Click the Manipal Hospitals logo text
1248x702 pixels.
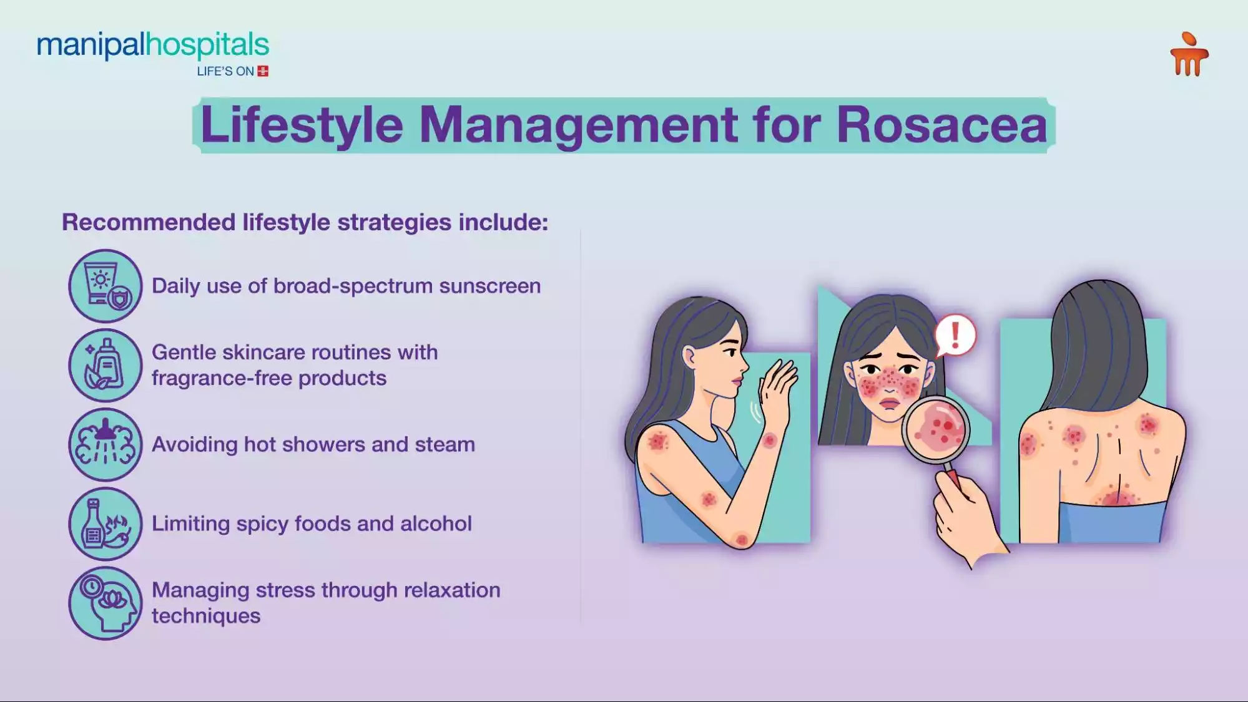[x=153, y=46]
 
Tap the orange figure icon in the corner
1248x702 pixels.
[x=1189, y=56]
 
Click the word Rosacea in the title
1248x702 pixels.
[x=941, y=125]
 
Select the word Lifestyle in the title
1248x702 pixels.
[x=302, y=125]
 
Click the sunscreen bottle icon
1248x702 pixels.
[x=106, y=286]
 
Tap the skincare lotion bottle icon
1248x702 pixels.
[x=106, y=365]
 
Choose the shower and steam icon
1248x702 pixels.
[x=106, y=444]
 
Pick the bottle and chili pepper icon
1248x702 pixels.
[x=106, y=524]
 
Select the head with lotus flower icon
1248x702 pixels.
[x=106, y=603]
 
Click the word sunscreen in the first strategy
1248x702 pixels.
[x=489, y=286]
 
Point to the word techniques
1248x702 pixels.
[x=206, y=616]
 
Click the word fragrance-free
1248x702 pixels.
[x=222, y=378]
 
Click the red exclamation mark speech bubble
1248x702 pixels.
[x=955, y=334]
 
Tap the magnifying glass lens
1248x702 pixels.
[x=935, y=428]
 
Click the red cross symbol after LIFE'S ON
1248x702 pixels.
[x=263, y=71]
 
